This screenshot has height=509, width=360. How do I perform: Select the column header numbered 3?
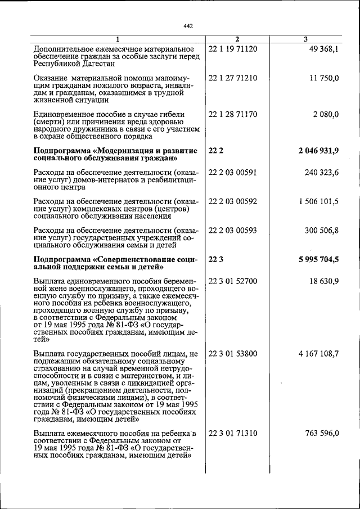305,39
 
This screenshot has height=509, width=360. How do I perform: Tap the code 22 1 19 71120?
232,49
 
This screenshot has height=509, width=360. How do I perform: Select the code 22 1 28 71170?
232,114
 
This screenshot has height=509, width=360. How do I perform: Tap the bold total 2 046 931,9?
318,150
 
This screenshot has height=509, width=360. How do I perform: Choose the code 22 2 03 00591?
232,172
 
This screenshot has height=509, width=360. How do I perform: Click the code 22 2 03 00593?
232,231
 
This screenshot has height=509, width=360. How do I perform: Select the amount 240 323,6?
321,172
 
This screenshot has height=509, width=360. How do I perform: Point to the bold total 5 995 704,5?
318,259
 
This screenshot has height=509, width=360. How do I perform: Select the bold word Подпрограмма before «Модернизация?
62,151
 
